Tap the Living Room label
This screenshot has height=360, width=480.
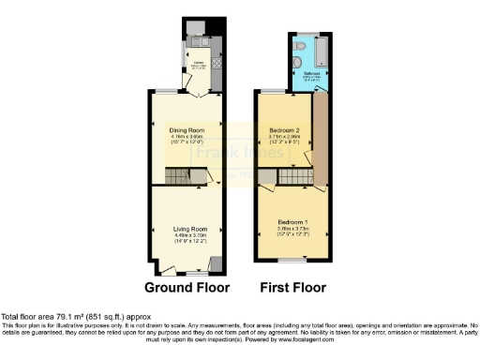[x=188, y=229]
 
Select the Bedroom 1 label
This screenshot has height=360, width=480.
[x=292, y=221]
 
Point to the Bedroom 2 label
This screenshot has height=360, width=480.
[x=284, y=129]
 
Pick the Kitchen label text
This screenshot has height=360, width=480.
[x=199, y=65]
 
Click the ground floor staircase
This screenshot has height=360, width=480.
[x=178, y=175]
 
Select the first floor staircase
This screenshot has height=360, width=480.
[x=296, y=176]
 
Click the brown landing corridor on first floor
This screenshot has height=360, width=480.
[x=320, y=141]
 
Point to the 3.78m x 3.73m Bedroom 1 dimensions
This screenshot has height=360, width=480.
[x=292, y=228]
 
